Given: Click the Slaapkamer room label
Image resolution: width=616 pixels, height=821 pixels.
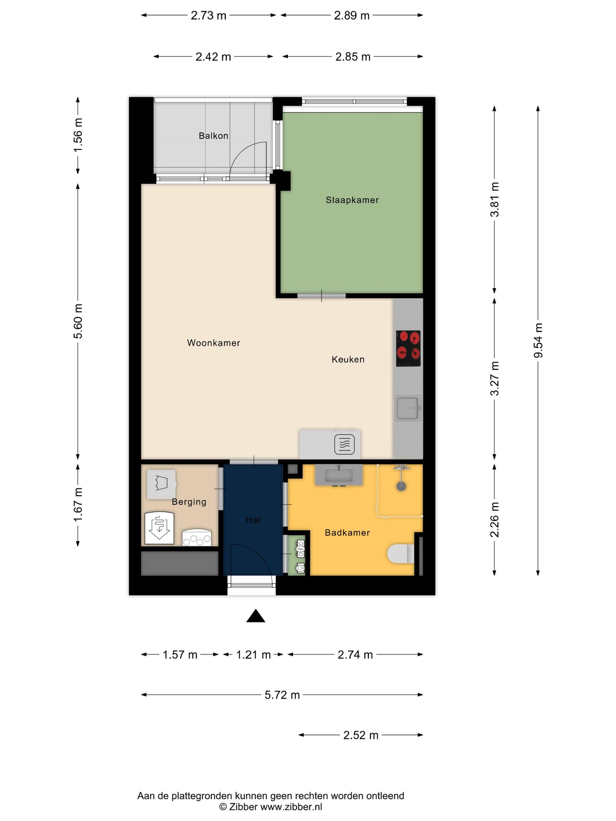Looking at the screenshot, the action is click(352, 200).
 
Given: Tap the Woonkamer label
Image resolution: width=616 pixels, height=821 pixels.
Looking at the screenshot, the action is click(213, 343).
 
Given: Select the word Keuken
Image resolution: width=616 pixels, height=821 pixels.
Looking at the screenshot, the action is click(348, 359).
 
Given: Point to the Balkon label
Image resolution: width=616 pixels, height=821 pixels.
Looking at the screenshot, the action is click(213, 136).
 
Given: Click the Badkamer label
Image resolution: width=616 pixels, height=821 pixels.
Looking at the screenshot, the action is click(347, 532).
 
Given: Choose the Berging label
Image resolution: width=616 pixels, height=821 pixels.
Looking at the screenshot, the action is click(189, 502).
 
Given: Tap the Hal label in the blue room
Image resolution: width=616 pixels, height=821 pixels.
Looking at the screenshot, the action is click(253, 520).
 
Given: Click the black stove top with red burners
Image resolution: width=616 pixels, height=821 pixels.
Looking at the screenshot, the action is click(408, 348).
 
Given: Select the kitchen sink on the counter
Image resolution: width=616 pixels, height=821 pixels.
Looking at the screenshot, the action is click(408, 408).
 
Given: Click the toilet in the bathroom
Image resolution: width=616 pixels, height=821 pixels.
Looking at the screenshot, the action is click(401, 554).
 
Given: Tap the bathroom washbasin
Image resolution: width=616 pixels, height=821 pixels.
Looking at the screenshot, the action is click(339, 475).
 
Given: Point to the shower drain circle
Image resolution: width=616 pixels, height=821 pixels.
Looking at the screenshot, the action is click(401, 486).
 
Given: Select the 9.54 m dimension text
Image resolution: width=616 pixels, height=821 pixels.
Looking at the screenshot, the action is click(538, 340).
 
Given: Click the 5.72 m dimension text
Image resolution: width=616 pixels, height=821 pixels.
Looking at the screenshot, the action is click(282, 695).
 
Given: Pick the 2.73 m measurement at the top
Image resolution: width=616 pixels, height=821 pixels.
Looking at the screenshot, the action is click(208, 15).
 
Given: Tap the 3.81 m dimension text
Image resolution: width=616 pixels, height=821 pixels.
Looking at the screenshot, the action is click(495, 199).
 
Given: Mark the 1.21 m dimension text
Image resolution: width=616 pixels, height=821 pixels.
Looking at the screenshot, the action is click(253, 655).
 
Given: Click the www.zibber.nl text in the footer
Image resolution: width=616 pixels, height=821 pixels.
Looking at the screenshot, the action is click(291, 807).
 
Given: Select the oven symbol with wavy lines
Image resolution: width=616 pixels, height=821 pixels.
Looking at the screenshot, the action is click(344, 444).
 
